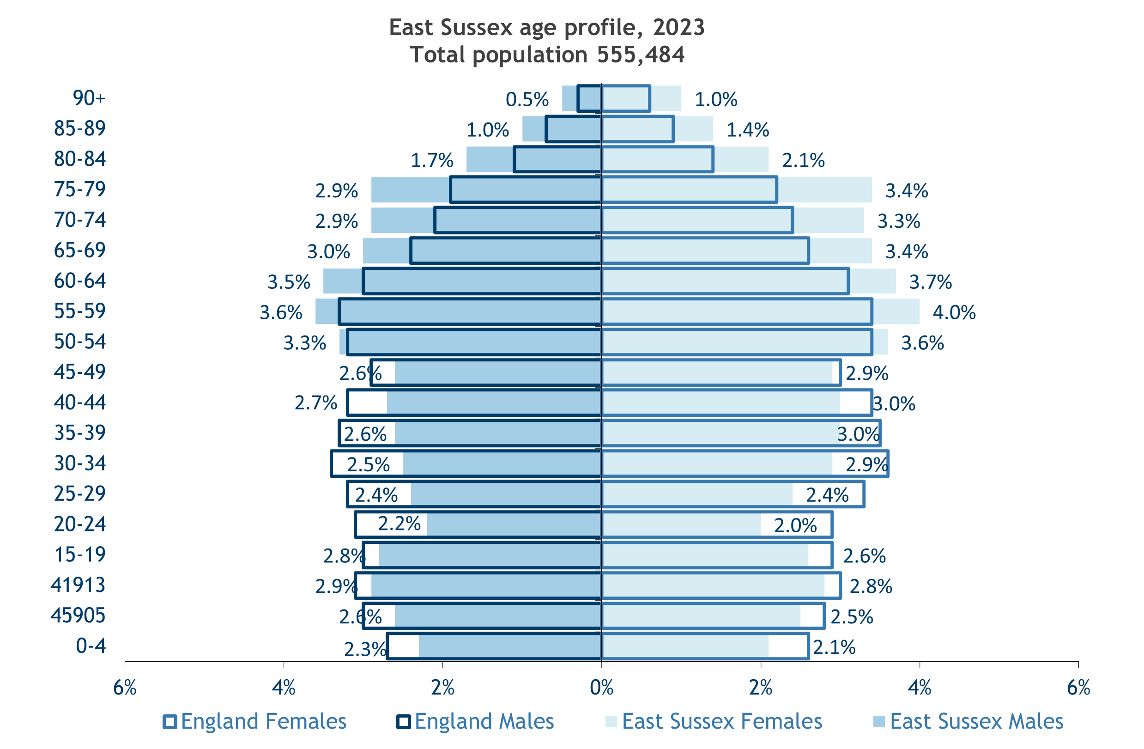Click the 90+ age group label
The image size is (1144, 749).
89,98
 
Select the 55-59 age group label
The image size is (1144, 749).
80,311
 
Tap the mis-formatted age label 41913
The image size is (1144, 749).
78,585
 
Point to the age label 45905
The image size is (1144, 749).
78,615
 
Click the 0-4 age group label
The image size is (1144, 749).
91,645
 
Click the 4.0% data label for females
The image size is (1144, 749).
954,312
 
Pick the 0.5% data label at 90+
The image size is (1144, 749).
527,99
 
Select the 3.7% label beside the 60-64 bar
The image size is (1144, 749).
931,282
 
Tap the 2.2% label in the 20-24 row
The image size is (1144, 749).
399,524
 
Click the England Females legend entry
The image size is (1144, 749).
255,722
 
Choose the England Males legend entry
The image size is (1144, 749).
475,722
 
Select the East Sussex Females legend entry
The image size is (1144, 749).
714,722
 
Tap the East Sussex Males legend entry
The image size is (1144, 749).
968,722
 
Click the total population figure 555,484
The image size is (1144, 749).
641,55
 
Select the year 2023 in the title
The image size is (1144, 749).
679,27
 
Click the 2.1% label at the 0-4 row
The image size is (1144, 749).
835,647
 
